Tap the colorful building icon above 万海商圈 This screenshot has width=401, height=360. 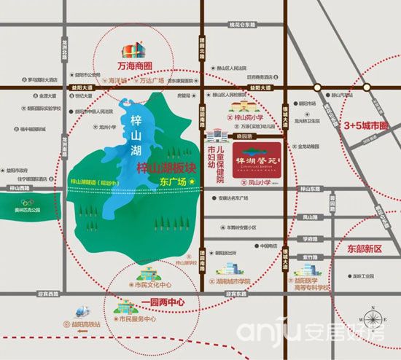132,50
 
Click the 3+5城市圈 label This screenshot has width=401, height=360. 365,125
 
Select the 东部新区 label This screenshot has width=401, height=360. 365,248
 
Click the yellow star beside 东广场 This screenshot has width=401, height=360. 192,181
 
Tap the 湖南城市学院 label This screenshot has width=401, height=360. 233,281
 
